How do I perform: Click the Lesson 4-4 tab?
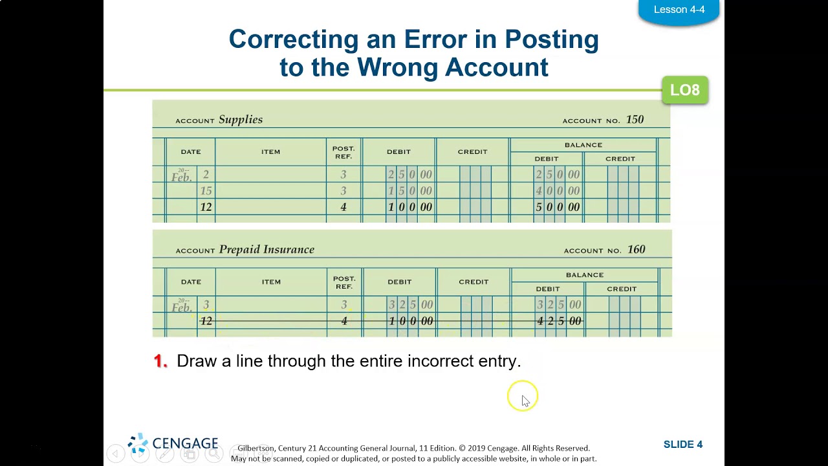point(679,10)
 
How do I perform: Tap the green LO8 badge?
point(684,90)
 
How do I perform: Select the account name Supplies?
point(240,120)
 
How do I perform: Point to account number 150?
point(634,120)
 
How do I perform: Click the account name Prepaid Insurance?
point(267,250)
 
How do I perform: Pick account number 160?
point(636,250)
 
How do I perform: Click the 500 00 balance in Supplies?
point(557,207)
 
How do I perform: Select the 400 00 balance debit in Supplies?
point(557,191)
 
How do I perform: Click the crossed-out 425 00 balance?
point(559,321)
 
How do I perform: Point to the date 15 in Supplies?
point(206,191)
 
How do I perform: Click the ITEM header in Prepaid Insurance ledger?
point(271,282)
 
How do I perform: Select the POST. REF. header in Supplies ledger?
point(343,152)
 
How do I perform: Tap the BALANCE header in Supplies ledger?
point(583,145)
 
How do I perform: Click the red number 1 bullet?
point(160,361)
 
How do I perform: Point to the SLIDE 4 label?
point(682,445)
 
